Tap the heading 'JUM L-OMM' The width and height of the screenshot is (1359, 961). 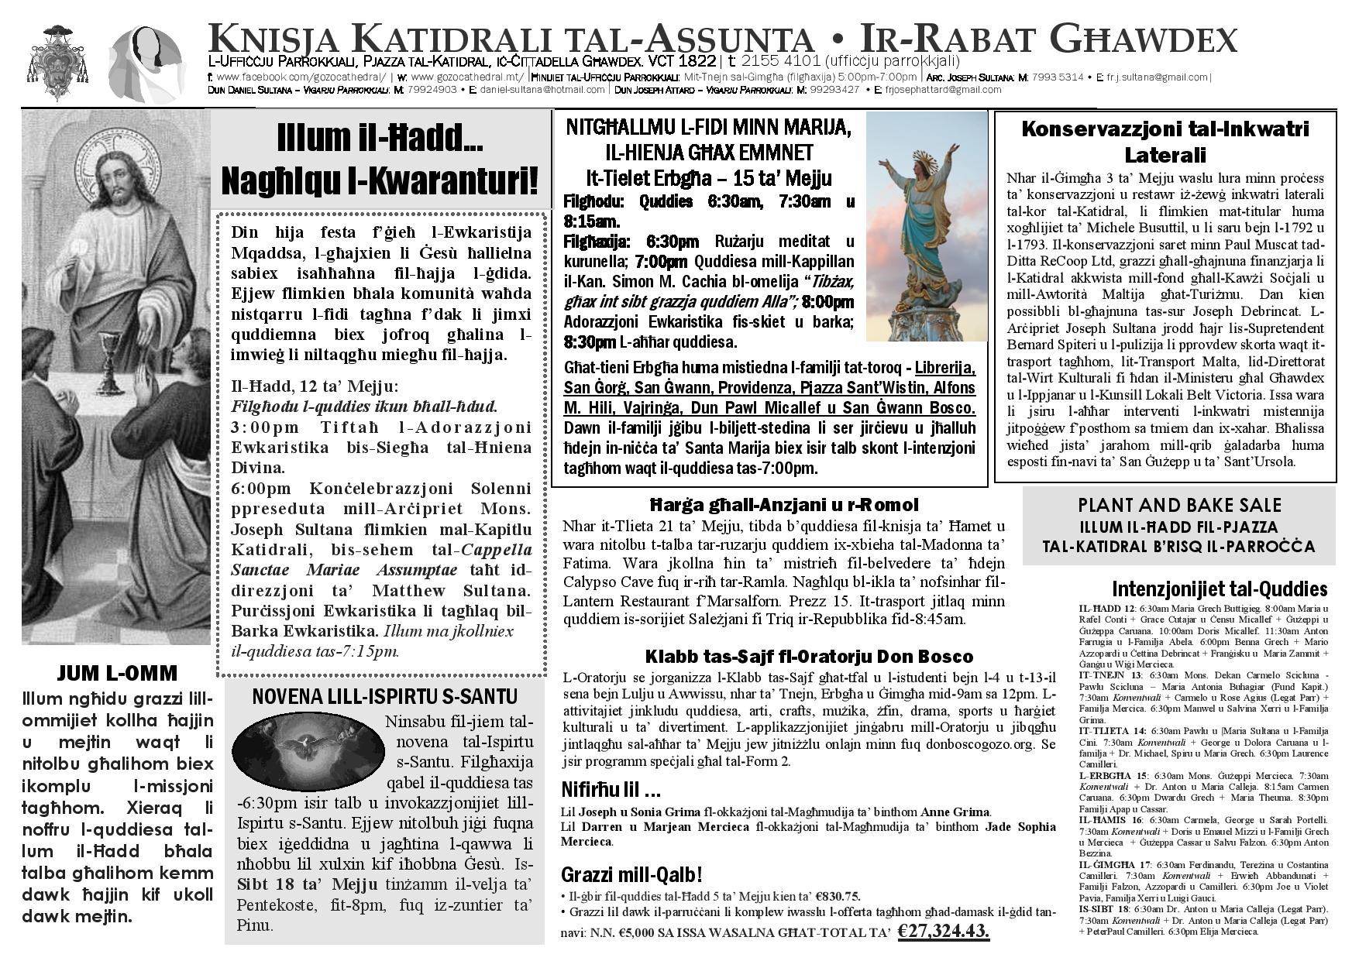coord(119,672)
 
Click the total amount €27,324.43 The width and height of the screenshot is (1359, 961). coord(944,931)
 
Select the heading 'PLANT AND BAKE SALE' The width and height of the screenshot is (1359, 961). coord(1179,506)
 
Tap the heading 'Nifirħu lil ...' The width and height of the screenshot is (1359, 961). coord(611,791)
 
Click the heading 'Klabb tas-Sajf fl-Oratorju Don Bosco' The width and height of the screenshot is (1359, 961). coord(808,657)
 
